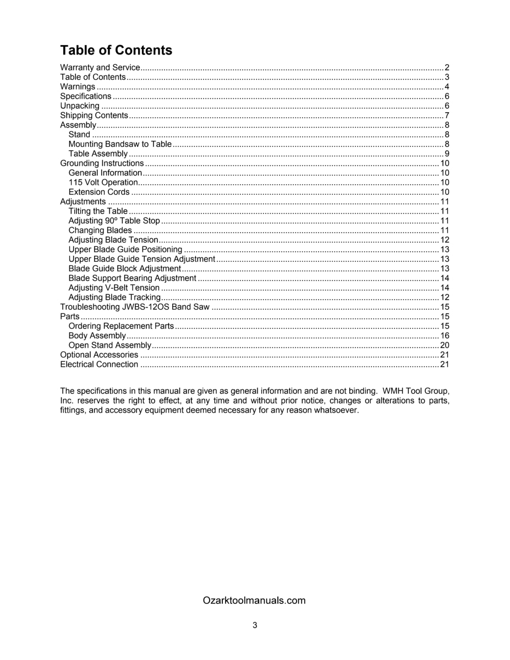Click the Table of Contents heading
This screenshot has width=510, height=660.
[116, 51]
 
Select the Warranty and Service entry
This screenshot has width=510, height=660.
[100, 68]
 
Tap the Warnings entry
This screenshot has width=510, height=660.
[78, 87]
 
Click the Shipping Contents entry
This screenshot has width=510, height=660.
[94, 116]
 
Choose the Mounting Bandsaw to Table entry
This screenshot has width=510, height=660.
[120, 144]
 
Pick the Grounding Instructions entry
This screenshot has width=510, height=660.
[102, 163]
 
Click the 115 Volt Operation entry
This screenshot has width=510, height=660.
[103, 183]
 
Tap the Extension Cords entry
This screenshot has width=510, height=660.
[99, 192]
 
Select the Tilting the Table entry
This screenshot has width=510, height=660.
[98, 211]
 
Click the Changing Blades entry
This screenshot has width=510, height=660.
[100, 230]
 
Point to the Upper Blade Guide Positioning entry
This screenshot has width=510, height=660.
[125, 250]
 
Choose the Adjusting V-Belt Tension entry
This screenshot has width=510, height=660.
[114, 288]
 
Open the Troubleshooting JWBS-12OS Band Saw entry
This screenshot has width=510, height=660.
[135, 307]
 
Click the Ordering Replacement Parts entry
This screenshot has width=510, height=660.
[121, 326]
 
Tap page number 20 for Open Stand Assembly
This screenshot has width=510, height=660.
[445, 345]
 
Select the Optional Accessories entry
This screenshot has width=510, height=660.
[99, 355]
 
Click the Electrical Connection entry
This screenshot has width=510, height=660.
[99, 365]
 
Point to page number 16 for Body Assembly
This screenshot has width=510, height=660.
[445, 335]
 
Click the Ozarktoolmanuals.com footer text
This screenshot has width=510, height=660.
[254, 601]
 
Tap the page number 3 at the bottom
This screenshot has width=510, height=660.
[255, 625]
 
